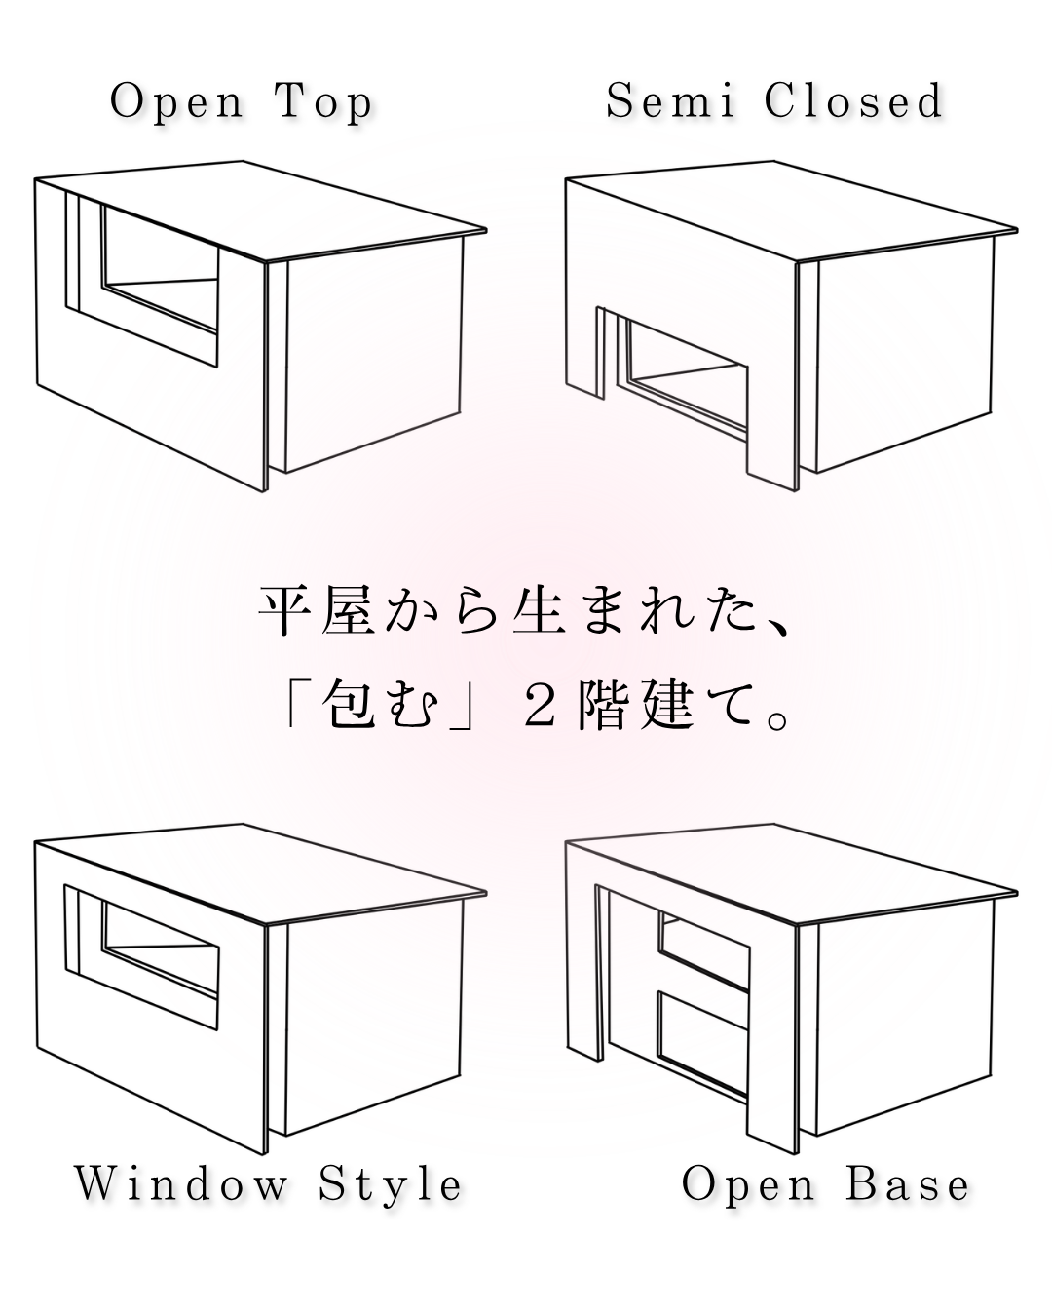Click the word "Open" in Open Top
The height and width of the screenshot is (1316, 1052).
pyautogui.click(x=176, y=102)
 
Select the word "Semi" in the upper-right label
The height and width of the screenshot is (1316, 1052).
pyautogui.click(x=669, y=102)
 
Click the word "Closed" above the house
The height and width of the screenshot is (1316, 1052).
pyautogui.click(x=854, y=102)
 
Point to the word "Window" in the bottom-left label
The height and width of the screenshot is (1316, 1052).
pyautogui.click(x=182, y=1184)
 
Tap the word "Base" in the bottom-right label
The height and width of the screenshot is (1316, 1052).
pyautogui.click(x=908, y=1184)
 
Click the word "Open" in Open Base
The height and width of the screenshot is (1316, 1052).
pyautogui.click(x=748, y=1184)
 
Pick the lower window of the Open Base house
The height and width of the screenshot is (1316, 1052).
pyautogui.click(x=701, y=1038)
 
